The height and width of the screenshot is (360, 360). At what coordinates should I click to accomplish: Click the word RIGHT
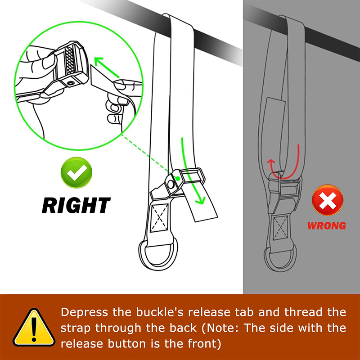pos(76,205)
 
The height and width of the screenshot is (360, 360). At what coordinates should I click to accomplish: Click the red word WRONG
pos(327,226)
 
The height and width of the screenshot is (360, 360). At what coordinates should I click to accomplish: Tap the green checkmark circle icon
pos(76,172)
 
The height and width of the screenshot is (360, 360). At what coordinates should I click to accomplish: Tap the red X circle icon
pos(328,200)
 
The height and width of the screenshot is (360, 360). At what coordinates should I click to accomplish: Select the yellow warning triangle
pos(34,328)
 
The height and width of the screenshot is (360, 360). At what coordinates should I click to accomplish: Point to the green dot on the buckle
pos(177,178)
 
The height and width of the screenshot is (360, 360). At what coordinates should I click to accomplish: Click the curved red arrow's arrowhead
pos(271,162)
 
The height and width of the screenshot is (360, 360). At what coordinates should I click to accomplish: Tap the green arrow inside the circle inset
pos(107,67)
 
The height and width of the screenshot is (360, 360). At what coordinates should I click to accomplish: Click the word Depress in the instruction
pos(84,312)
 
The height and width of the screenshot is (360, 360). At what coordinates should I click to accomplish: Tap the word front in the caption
pos(202,344)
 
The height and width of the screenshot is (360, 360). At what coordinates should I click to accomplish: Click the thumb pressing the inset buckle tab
pos(49,60)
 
